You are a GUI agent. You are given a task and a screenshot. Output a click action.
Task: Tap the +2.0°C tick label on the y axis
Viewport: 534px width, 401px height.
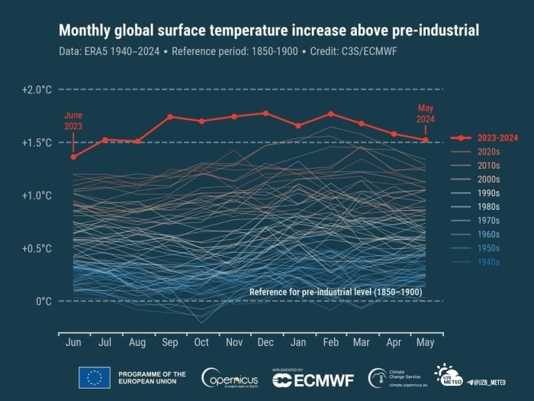(37, 89)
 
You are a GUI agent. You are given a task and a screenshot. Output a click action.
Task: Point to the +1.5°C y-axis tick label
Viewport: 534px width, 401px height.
(37, 143)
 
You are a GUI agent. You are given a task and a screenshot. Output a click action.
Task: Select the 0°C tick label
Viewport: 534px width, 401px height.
(43, 302)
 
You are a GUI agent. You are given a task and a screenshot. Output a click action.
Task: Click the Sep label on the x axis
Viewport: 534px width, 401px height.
(169, 344)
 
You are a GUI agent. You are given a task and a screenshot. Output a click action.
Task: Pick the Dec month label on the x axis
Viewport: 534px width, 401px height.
(265, 344)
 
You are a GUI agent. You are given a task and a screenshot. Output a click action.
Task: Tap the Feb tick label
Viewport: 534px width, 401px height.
(330, 344)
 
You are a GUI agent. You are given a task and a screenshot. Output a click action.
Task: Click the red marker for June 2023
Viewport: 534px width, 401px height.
(73, 157)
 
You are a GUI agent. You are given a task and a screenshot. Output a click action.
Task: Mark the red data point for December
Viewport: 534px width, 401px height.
(265, 113)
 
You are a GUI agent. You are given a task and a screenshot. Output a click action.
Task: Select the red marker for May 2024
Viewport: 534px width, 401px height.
(426, 140)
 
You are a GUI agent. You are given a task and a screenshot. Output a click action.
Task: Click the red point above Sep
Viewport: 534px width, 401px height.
(169, 117)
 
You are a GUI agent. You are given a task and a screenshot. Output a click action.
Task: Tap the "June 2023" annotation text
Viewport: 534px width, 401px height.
(73, 121)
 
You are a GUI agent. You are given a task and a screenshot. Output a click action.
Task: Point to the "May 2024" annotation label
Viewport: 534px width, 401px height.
(426, 114)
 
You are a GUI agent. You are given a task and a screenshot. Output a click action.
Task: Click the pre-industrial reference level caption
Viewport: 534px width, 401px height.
(336, 292)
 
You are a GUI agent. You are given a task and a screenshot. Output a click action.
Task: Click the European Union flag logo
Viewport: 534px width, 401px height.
(94, 377)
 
